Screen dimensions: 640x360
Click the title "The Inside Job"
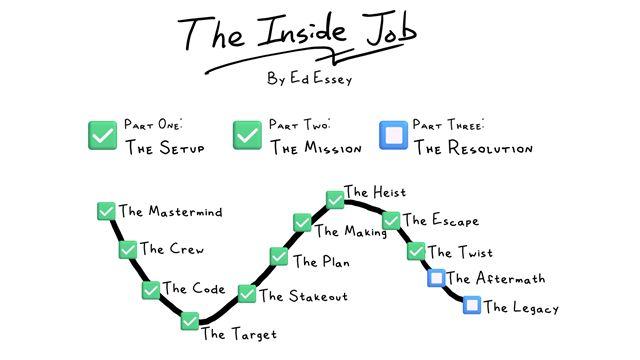point(297,32)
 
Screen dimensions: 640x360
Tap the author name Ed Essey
point(321,78)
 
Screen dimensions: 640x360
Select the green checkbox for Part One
point(102,135)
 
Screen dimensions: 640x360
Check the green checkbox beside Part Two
point(247,135)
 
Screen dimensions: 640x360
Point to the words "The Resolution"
point(473,147)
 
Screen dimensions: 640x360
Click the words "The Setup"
point(165,147)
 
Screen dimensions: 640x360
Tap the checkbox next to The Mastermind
point(106,211)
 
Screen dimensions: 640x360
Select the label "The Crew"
point(172,249)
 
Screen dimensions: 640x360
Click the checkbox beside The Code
point(151,290)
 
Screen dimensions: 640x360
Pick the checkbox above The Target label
point(190,321)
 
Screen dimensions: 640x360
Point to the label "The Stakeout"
point(304,296)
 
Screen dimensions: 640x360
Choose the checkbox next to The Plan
point(279,256)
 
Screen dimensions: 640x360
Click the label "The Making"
point(351,231)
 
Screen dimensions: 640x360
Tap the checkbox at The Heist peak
point(335,200)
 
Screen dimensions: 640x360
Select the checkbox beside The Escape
point(391,221)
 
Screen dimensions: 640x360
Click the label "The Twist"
point(460,252)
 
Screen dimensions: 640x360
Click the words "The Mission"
point(316,147)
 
